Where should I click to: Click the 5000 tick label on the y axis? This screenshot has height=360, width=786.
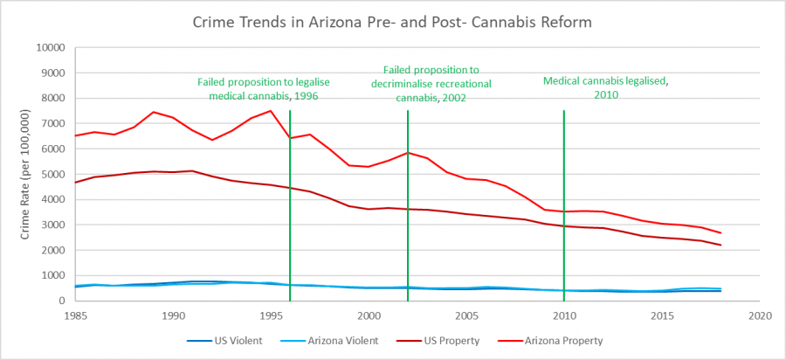pos(58,174)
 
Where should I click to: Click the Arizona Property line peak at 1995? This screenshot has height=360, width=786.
pos(271,110)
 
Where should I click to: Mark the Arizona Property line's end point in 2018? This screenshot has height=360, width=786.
pos(720,232)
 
